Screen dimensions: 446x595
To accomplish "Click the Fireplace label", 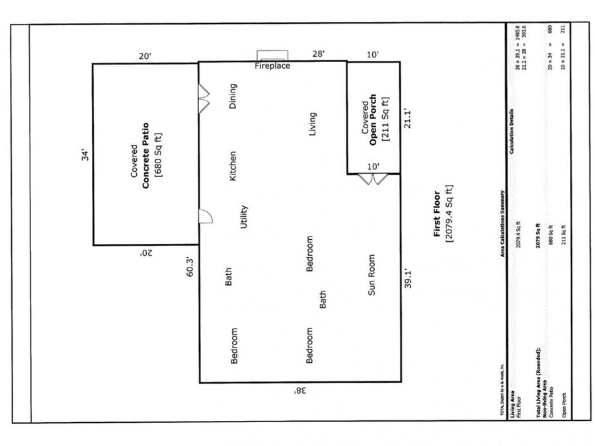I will [x=272, y=66].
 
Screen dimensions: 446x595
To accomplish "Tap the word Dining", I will [x=232, y=96].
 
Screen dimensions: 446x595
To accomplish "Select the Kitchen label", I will [x=233, y=166].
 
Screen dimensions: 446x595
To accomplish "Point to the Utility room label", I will [x=244, y=216].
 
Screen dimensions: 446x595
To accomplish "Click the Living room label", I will [x=313, y=124].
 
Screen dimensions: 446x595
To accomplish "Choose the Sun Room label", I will [x=372, y=275].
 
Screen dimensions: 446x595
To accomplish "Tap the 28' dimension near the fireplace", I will [x=319, y=54].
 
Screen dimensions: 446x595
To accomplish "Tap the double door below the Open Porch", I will [x=369, y=178].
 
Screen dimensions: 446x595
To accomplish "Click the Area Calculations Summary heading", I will [x=504, y=223].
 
